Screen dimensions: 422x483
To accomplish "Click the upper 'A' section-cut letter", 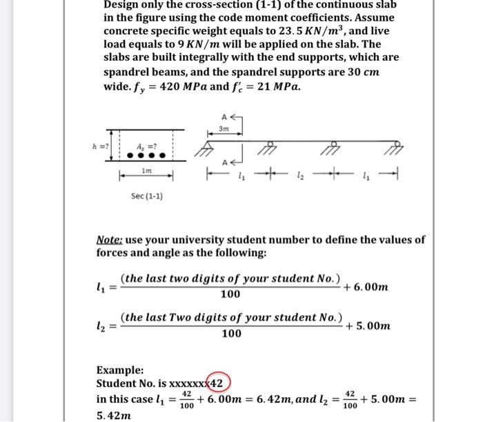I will click(x=224, y=117).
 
